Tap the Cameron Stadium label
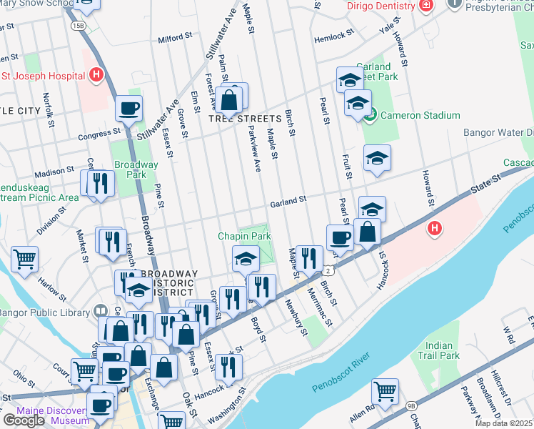(420, 115)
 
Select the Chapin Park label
(244, 236)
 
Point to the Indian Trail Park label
(438, 350)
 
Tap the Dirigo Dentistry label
(381, 6)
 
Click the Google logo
(23, 420)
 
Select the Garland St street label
(288, 204)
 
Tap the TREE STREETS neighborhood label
(246, 118)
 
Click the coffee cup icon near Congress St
(129, 109)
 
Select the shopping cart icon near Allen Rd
(386, 392)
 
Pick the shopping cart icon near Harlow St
(25, 259)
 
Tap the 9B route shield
(411, 405)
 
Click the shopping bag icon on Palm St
(230, 101)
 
